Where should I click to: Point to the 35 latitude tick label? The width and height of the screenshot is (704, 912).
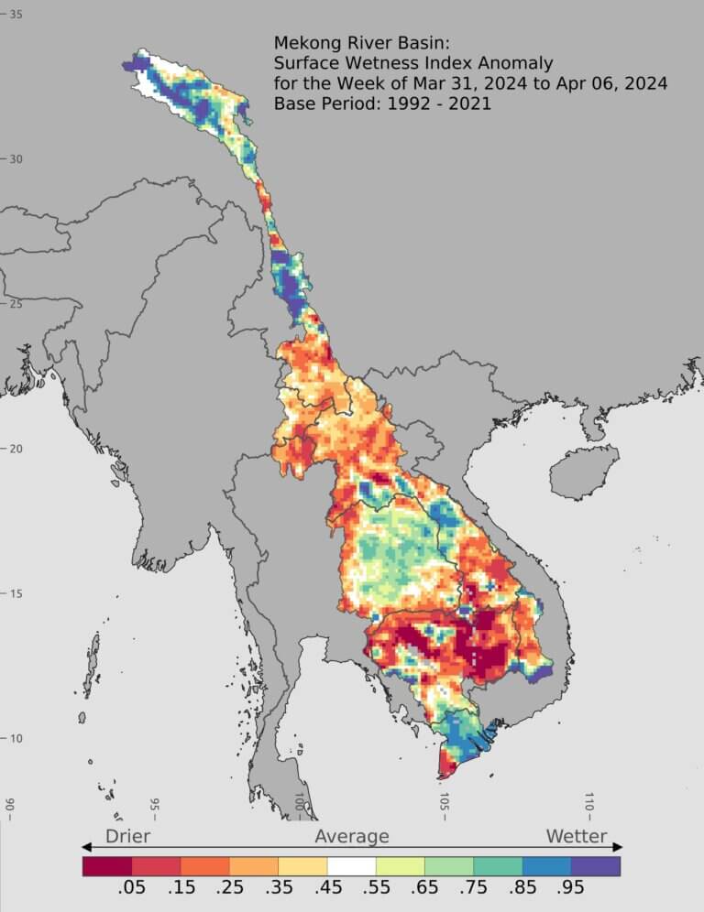[x=16, y=15]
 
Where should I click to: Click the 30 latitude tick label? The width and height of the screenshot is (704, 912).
[x=16, y=159]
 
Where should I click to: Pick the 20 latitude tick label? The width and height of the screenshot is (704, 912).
[x=16, y=449]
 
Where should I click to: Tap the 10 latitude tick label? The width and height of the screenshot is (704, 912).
[x=16, y=739]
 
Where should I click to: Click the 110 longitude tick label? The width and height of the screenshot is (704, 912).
[x=589, y=803]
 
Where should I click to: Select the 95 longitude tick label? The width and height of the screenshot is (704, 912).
[x=155, y=805]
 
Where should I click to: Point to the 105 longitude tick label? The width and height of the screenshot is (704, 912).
[x=445, y=803]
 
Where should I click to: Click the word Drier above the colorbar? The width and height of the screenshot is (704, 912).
[x=127, y=836]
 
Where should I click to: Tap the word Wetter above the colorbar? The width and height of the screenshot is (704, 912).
[x=577, y=836]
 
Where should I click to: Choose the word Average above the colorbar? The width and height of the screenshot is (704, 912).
[x=352, y=836]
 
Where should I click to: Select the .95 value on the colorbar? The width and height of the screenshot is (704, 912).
[x=571, y=889]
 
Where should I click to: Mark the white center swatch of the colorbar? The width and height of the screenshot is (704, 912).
[x=351, y=865]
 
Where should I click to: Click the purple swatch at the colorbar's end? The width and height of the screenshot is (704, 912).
[x=596, y=865]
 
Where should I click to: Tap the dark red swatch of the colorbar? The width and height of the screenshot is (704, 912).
[x=106, y=865]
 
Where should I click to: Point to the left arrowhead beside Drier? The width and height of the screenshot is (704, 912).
[x=87, y=847]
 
